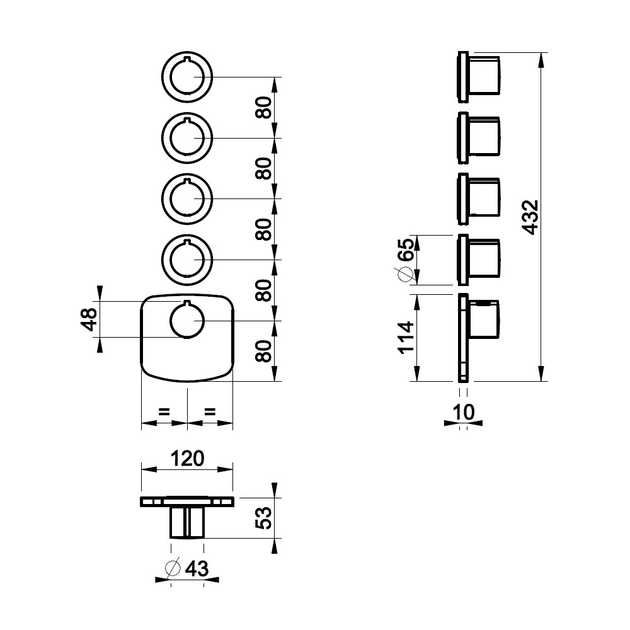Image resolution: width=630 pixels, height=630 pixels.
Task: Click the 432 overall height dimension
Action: pos(530,217)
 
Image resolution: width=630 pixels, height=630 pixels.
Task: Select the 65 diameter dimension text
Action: pos(405,250)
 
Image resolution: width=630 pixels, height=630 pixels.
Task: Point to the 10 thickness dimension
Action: pos(463,412)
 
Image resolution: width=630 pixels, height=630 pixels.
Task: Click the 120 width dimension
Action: pos(187,459)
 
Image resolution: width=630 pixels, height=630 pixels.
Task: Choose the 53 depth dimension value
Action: pos(263,518)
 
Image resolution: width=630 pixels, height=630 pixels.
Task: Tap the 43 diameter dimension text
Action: pos(197,569)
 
